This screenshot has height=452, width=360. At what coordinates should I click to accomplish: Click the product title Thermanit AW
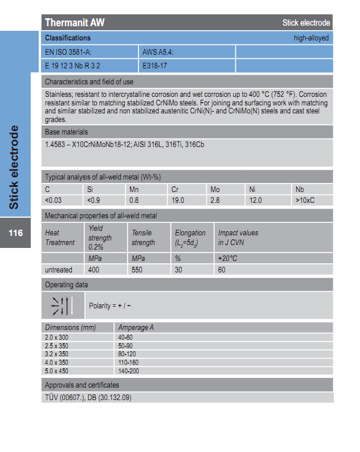[x=75, y=23]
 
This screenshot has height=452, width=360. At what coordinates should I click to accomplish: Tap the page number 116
[x=15, y=233]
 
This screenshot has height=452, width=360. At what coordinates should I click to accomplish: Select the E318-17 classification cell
[x=154, y=66]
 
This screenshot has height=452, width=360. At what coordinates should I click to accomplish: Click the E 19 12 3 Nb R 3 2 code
[x=72, y=66]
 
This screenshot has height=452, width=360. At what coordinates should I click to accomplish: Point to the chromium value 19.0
[x=178, y=200]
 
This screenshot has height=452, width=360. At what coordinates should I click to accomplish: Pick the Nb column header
[x=300, y=189]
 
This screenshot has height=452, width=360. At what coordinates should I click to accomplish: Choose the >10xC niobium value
[x=305, y=200]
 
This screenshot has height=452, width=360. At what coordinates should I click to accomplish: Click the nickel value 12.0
[x=256, y=200]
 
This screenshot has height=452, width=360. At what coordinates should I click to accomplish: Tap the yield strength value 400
[x=93, y=270]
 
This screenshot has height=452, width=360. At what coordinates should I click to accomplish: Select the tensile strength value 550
[x=137, y=270]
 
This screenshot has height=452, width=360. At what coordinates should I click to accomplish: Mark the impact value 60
[x=222, y=270]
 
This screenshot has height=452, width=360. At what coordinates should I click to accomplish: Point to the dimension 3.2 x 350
[x=56, y=354]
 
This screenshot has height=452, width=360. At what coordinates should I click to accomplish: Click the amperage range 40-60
[x=125, y=337]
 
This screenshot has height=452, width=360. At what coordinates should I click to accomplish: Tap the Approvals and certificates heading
[x=82, y=385]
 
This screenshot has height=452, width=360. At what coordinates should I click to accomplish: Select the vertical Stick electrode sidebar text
[x=14, y=166]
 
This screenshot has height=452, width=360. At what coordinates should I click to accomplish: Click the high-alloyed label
[x=311, y=38]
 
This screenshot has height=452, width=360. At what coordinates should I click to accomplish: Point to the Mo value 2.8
[x=215, y=200]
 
